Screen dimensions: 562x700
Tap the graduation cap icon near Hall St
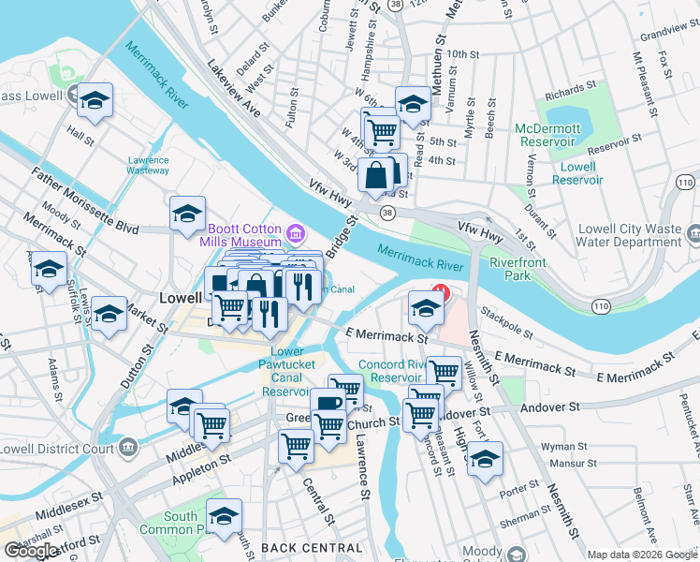pyautogui.click(x=95, y=100)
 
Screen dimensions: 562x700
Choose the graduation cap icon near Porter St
pyautogui.click(x=486, y=459)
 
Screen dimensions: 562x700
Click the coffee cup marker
pyautogui.click(x=328, y=404)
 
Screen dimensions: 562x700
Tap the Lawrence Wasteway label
pyautogui.click(x=148, y=165)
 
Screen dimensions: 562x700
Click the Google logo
pyautogui.click(x=30, y=551)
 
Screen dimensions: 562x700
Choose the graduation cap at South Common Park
pyautogui.click(x=224, y=516)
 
